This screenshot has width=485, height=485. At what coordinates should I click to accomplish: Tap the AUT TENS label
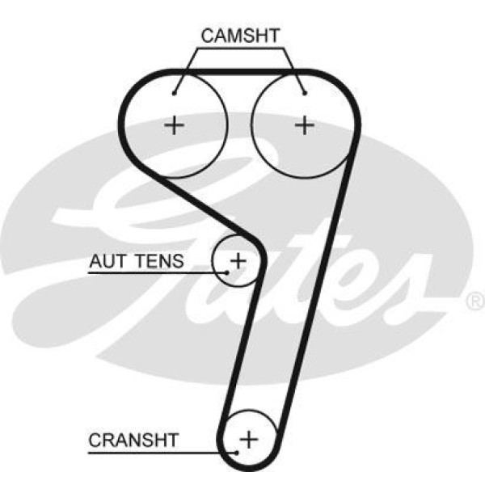point(137,261)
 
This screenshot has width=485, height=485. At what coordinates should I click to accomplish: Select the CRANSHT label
point(133,441)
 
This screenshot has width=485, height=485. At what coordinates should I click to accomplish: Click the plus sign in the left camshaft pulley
point(174,125)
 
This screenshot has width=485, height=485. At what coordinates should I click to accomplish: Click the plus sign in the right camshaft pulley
point(304,125)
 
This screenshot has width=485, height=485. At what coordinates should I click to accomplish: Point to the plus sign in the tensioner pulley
point(238,260)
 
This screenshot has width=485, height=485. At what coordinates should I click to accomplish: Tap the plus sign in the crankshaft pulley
point(250,440)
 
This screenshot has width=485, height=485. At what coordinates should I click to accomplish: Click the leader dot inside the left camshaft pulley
point(175,93)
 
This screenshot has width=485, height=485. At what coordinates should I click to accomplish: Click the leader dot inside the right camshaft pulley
point(305,93)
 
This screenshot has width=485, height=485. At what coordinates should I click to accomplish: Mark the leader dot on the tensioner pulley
point(228,273)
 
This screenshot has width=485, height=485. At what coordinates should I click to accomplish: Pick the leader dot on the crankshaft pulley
point(239,451)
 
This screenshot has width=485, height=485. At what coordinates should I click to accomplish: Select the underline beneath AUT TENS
point(154,273)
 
